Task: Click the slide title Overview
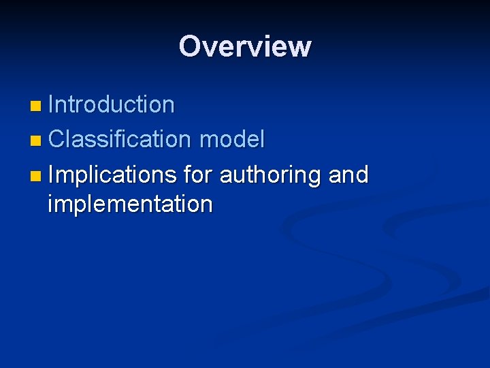click(245, 46)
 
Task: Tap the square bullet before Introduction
click(35, 106)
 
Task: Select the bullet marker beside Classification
click(35, 141)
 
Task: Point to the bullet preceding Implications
click(35, 177)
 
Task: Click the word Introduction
click(112, 104)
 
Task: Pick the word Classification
click(120, 140)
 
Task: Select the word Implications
click(112, 175)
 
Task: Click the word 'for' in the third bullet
click(197, 175)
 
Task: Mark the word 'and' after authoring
click(348, 175)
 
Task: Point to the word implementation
click(130, 203)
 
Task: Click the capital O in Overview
click(191, 46)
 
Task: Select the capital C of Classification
click(56, 140)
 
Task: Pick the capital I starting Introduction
click(52, 104)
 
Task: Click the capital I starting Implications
click(52, 175)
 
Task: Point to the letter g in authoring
click(314, 177)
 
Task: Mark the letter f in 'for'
click(187, 174)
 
